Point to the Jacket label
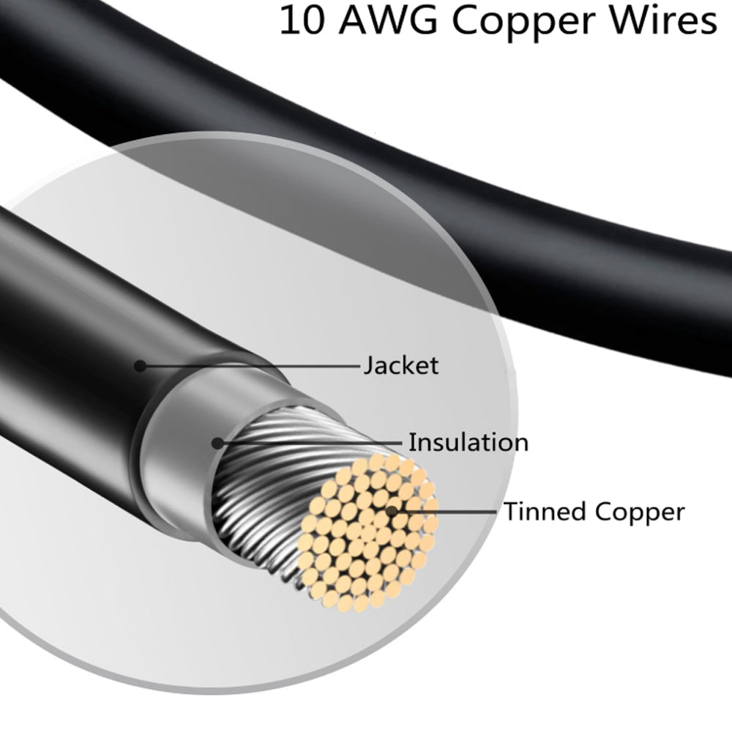[x=401, y=365]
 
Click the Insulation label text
[x=468, y=442]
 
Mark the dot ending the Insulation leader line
[x=217, y=443]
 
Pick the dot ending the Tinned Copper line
[x=392, y=512]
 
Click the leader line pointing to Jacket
[x=249, y=365]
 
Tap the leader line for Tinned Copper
[x=447, y=512]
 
